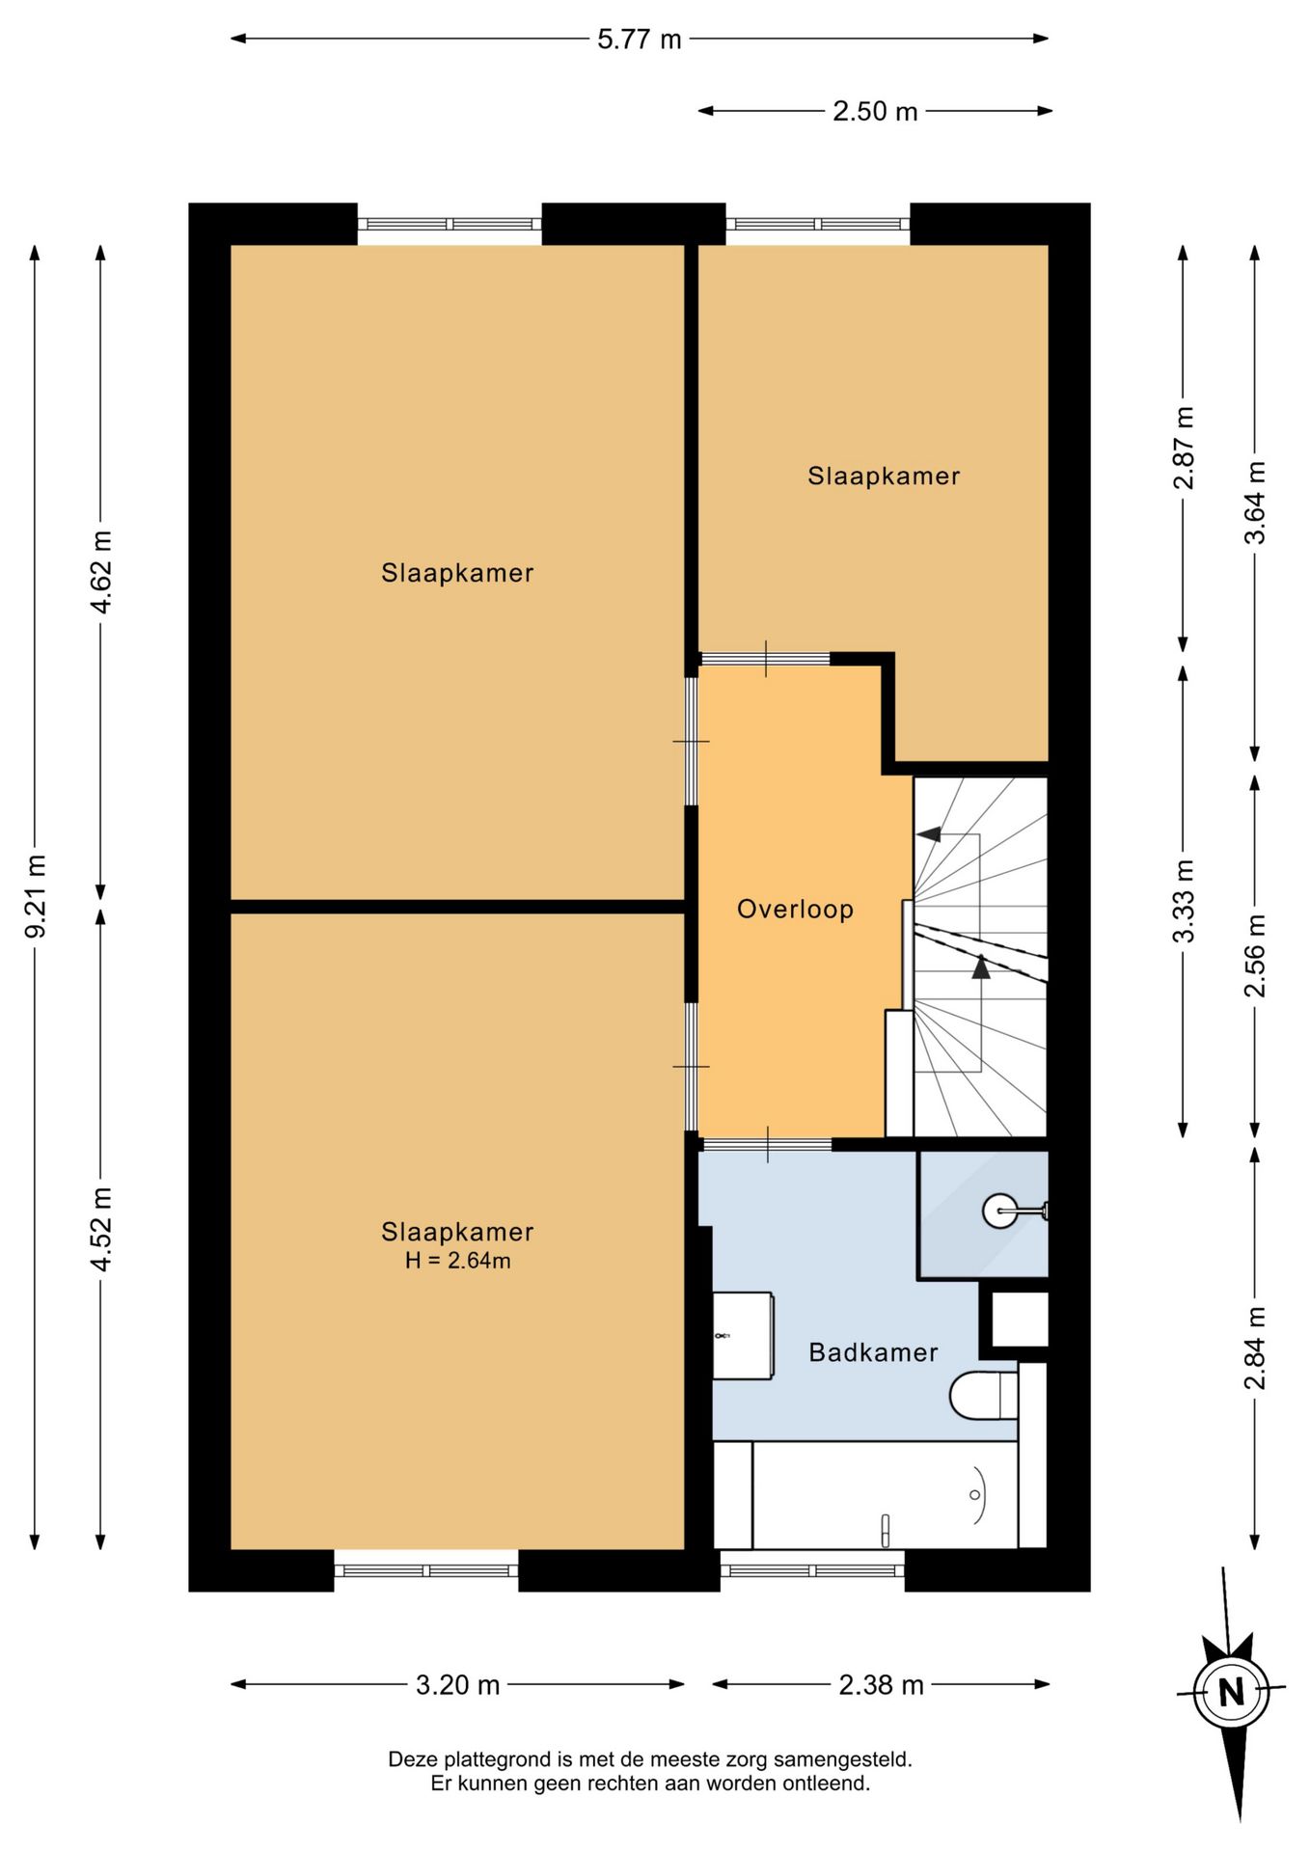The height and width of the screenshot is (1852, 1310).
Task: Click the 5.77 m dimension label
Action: tap(639, 40)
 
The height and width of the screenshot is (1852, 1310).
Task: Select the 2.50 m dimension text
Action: tap(875, 111)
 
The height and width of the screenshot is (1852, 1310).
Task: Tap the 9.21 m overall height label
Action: tap(36, 896)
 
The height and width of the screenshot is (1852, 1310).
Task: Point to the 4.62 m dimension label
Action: tap(101, 572)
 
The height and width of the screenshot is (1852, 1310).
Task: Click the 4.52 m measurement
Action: tap(101, 1229)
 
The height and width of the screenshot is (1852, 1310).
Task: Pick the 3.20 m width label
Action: tap(458, 1685)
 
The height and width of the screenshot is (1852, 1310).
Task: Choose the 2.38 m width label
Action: tap(881, 1685)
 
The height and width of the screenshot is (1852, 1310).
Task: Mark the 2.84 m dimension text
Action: tap(1254, 1348)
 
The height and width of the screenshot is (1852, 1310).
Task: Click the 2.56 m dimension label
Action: tap(1254, 956)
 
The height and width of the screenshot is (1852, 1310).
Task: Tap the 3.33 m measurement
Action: tap(1184, 901)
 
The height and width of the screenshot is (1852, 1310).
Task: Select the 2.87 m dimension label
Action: tap(1184, 448)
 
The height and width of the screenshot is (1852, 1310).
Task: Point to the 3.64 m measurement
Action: tap(1254, 503)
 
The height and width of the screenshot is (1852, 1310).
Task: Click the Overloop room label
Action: tap(795, 910)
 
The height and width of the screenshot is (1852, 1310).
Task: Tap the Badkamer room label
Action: tap(873, 1352)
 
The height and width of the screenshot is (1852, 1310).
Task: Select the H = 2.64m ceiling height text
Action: tap(457, 1261)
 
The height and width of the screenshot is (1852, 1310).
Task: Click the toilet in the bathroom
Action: tap(983, 1395)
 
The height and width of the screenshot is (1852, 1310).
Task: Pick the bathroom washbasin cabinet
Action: tap(743, 1336)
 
